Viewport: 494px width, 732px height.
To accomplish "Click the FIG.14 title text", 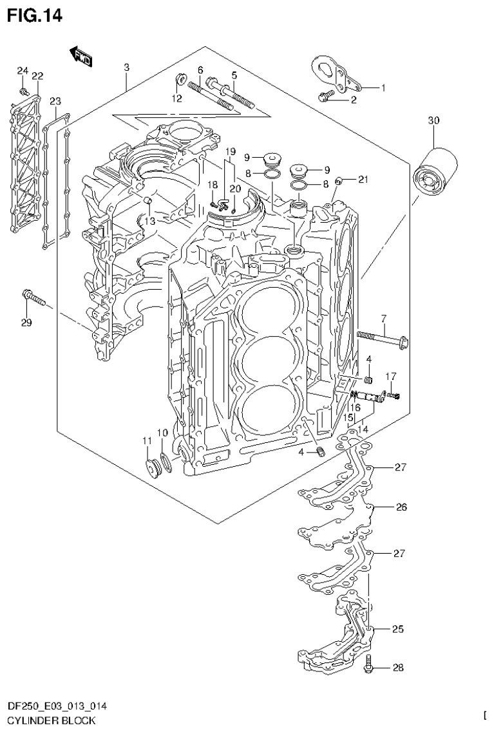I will coord(35,15).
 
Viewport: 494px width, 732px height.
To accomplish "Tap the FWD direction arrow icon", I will coord(82,57).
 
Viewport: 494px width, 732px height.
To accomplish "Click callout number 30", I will coord(433,120).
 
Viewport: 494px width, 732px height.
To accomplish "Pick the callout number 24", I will coord(23,70).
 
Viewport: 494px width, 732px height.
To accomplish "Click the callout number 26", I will coord(401,507).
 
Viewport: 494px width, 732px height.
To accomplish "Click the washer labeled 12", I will coord(180,80).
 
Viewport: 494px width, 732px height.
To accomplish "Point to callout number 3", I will coord(126,68).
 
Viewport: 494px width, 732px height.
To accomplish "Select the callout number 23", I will coord(55,101).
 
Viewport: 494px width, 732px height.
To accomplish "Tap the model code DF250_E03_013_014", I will coord(57,706).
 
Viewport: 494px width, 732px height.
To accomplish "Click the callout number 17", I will coord(390,376).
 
